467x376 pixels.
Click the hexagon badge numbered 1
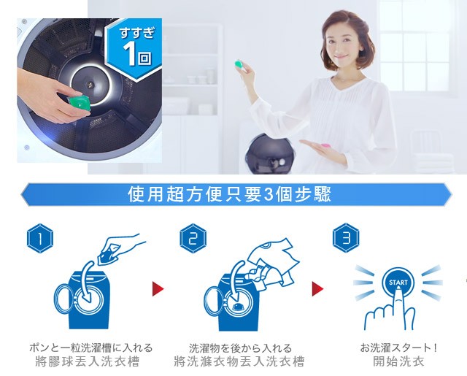pos(40,238)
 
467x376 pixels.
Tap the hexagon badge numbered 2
pos(193,238)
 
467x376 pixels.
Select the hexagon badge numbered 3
pos(346,238)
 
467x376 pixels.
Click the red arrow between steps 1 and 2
pos(158,288)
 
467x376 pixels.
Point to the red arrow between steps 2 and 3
pos(317,288)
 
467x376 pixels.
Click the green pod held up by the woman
pos(239,64)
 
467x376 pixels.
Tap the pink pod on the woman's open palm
pos(325,146)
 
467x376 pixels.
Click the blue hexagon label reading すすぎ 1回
pos(134,50)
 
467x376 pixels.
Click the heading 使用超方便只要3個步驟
pos(229,194)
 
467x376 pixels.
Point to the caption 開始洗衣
pos(399,361)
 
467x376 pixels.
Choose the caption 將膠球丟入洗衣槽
pos(88,361)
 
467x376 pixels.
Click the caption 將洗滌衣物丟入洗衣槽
pos(239,361)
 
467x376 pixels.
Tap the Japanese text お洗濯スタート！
pos(399,348)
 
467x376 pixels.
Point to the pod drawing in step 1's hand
pos(108,256)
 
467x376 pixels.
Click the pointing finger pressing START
pos(398,304)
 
